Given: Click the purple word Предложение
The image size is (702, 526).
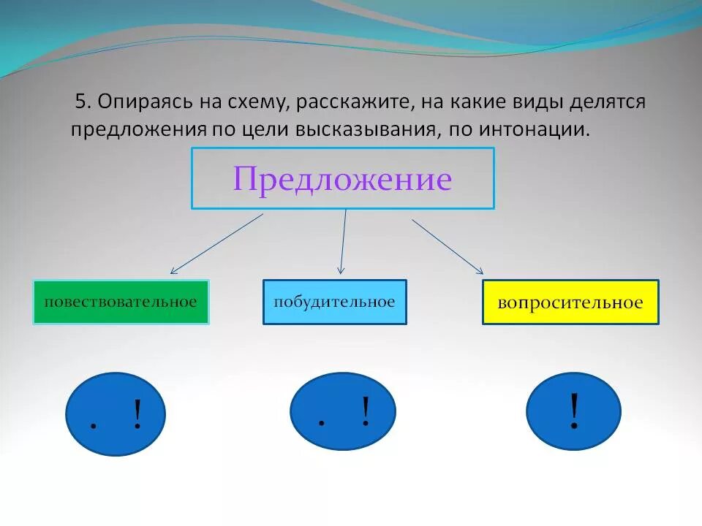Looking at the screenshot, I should pos(342,179).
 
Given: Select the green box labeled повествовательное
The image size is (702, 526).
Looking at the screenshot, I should pos(121,302).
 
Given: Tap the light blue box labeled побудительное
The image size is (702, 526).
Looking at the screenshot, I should pos(334,302).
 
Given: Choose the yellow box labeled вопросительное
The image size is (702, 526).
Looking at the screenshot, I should pos(570,302).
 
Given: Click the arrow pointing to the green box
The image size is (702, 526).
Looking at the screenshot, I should pos(216,244).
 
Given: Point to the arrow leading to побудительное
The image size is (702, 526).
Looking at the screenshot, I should pos(343,241).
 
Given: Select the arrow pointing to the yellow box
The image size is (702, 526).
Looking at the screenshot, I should pos(447,246).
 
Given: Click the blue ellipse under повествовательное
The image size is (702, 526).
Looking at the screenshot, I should pos(116,414).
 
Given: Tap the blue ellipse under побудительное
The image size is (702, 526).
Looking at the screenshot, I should pos(342,411).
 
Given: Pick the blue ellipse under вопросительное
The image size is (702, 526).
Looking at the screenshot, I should pos(573,411).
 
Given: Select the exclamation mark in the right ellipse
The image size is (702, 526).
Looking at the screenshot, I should pos(574,411).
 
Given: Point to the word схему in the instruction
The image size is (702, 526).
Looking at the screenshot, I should pos(260,102).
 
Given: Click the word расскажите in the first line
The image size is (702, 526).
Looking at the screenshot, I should pos(355,102).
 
